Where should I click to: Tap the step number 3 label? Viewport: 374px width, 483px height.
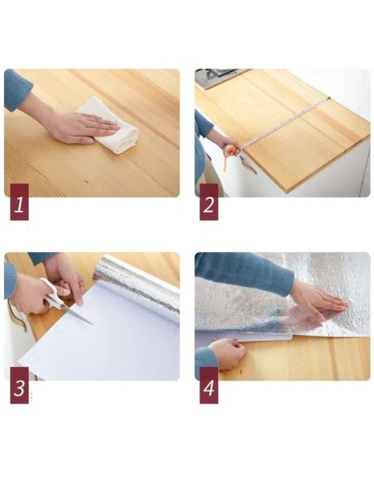point(19,390)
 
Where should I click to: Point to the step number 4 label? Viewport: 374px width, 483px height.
point(209,390)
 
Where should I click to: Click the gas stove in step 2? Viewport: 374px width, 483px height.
point(220,76)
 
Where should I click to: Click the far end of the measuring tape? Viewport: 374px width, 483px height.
point(327,98)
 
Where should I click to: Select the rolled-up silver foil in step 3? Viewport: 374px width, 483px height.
point(137,281)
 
